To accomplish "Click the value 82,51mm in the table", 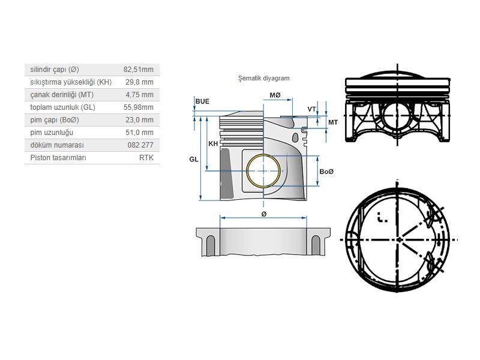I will (x=139, y=70).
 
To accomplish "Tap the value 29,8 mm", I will (x=140, y=82).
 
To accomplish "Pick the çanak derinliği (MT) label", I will (x=62, y=95).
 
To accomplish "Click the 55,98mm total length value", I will (x=139, y=107).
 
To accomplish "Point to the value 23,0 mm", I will (x=140, y=120).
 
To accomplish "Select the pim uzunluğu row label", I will (x=52, y=133).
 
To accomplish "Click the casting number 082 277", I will (x=140, y=145).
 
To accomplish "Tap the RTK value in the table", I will (x=146, y=158).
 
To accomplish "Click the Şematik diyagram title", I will (x=264, y=78).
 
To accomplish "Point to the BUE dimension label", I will (x=202, y=101).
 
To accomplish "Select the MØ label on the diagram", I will (x=275, y=95).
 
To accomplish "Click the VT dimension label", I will (x=311, y=109).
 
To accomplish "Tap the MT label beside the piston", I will (x=332, y=122).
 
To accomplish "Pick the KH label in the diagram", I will (x=213, y=144).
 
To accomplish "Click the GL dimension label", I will (x=193, y=159).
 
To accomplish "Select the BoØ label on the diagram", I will (x=326, y=172).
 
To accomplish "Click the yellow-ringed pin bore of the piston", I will (x=263, y=170).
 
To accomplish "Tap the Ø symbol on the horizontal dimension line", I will (x=263, y=214).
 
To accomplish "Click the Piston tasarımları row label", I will (x=58, y=158).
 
